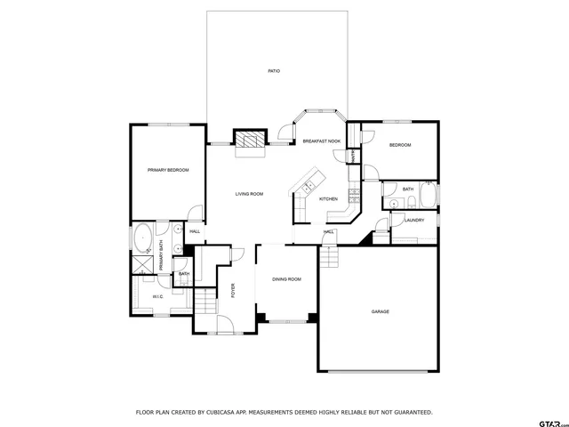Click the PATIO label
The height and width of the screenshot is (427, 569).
pyautogui.click(x=275, y=70)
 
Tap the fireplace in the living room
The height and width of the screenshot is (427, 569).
pyautogui.click(x=250, y=139)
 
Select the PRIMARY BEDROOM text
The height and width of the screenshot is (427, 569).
pyautogui.click(x=168, y=169)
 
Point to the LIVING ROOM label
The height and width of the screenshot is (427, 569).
pyautogui.click(x=249, y=193)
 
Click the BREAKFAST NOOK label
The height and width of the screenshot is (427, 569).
pyautogui.click(x=322, y=141)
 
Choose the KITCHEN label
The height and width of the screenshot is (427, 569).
pyautogui.click(x=329, y=198)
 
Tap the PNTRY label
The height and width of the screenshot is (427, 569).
pyautogui.click(x=352, y=155)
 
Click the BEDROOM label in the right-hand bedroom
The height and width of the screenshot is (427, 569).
pyautogui.click(x=399, y=144)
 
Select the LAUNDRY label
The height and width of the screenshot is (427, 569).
pyautogui.click(x=414, y=220)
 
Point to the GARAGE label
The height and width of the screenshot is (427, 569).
pyautogui.click(x=380, y=311)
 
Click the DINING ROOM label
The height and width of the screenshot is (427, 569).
pyautogui.click(x=286, y=279)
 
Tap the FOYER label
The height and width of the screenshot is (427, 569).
pyautogui.click(x=233, y=290)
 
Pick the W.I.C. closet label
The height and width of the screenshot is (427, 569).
pyautogui.click(x=157, y=296)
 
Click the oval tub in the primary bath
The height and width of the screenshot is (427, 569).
pyautogui.click(x=142, y=240)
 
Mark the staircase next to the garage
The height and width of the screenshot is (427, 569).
pyautogui.click(x=331, y=257)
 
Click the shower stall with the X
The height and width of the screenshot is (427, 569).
pyautogui.click(x=141, y=265)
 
